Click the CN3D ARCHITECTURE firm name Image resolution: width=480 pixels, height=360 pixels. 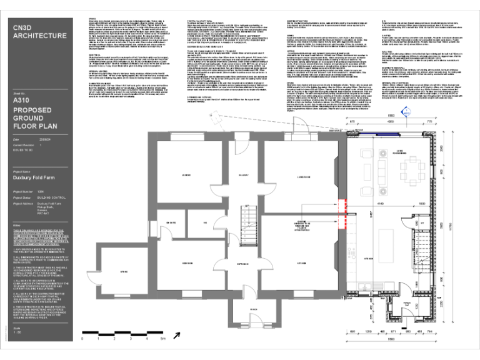pyautogui.click(x=39, y=32)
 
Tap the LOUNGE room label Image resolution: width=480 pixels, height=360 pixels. pyautogui.click(x=185, y=174)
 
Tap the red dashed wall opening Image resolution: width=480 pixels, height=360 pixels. pyautogui.click(x=343, y=212)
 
